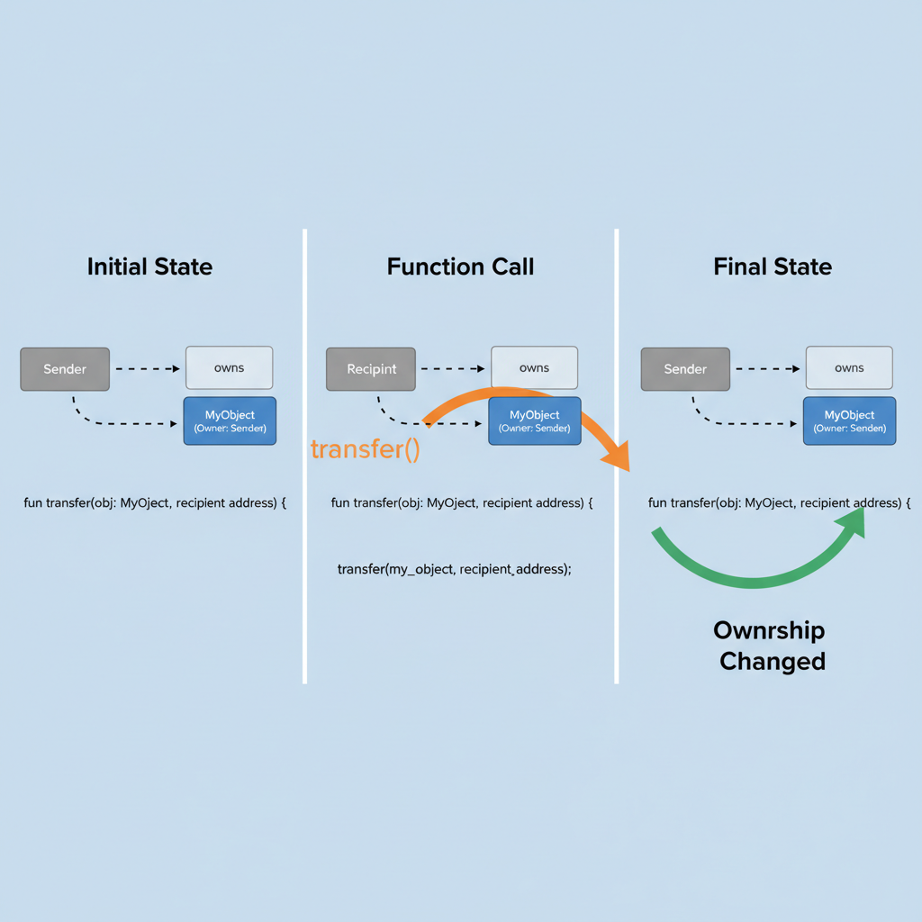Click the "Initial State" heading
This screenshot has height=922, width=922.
149,267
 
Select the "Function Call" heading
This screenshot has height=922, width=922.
460,267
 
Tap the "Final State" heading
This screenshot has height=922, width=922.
772,267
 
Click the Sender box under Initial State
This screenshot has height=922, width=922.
65,369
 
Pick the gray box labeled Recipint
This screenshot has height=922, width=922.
371,369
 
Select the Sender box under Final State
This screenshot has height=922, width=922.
685,369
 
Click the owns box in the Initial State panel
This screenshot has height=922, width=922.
229,367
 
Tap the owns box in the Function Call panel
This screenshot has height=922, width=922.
534,367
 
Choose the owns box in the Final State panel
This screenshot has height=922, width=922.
848,367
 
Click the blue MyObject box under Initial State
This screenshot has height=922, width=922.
230,420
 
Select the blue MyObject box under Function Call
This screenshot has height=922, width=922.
535,420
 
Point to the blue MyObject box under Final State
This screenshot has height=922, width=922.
849,420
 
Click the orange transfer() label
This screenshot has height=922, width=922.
365,449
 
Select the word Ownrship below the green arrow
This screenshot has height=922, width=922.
768,629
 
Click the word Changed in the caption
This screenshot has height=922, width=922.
772,661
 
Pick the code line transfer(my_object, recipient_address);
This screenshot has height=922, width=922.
455,569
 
